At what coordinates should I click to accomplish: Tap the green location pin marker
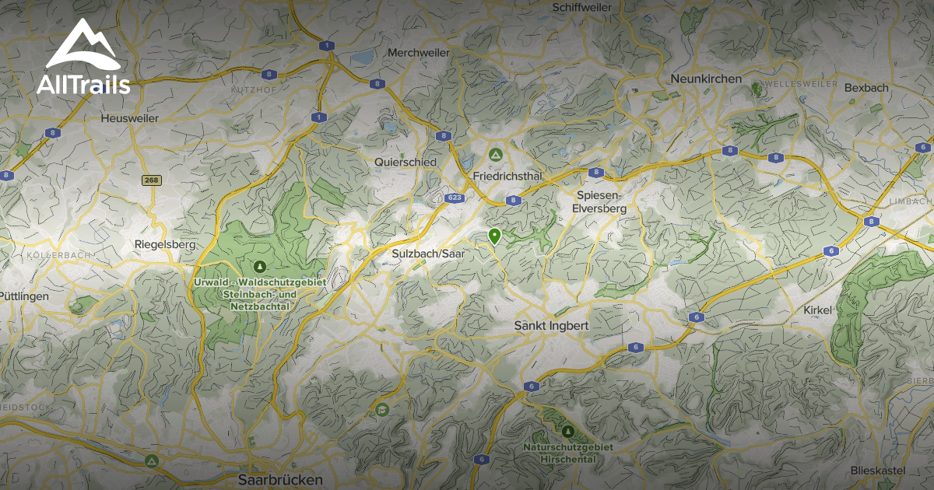[493, 236]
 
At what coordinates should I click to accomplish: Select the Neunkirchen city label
[706, 79]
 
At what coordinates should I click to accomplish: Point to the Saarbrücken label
[280, 480]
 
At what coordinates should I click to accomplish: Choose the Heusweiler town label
[129, 118]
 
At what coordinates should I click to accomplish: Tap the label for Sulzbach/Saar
[427, 254]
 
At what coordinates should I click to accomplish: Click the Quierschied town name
[405, 162]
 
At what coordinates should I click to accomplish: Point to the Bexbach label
[866, 88]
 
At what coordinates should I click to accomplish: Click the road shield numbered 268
[152, 180]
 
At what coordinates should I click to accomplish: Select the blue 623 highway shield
[455, 198]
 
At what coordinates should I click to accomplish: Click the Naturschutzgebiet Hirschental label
[567, 453]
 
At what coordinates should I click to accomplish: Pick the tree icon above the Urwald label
[259, 266]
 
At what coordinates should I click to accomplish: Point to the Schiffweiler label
[581, 7]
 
